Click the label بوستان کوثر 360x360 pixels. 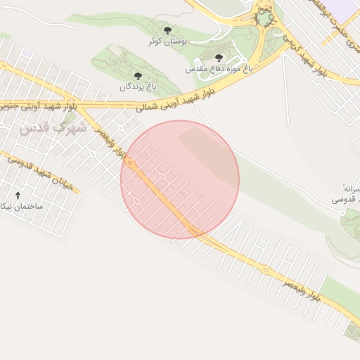click(x=166, y=41)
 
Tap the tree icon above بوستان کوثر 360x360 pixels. click(x=167, y=30)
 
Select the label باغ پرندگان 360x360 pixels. click(x=137, y=86)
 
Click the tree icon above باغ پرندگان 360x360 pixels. click(x=138, y=75)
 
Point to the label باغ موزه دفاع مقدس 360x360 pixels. click(x=219, y=69)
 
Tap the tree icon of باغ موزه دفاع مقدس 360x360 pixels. click(x=219, y=58)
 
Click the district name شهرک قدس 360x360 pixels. click(x=53, y=128)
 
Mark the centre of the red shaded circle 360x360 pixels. click(x=180, y=179)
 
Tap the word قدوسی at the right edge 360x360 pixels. click(x=347, y=200)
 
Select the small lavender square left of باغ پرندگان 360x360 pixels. click(x=27, y=51)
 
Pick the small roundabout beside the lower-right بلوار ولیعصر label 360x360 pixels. click(x=266, y=269)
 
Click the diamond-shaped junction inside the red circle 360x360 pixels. click(x=162, y=176)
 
